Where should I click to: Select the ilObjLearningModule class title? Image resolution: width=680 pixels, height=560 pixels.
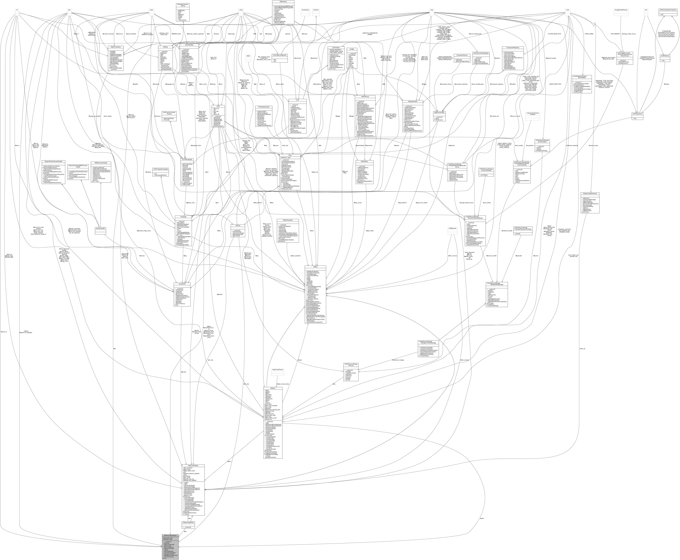(188, 522)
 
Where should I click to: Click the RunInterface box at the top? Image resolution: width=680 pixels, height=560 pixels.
(305, 10)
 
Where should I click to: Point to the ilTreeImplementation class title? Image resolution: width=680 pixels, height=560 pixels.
(264, 107)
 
